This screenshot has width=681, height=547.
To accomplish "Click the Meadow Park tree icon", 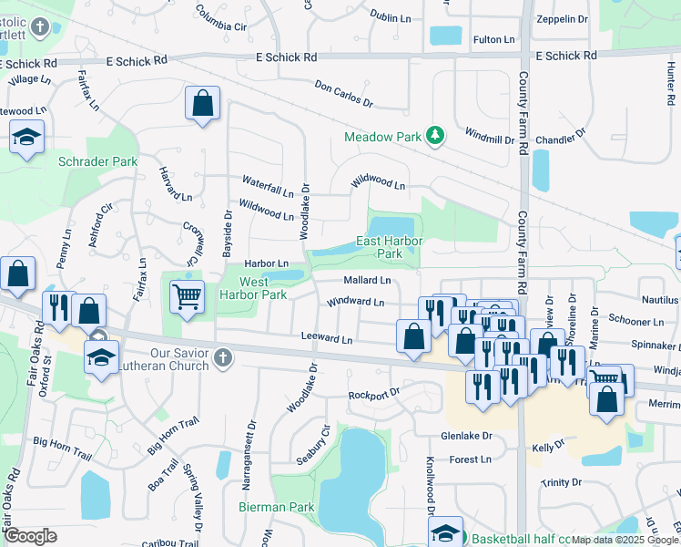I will pyautogui.click(x=436, y=136).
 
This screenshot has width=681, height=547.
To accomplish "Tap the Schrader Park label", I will pyautogui.click(x=97, y=161).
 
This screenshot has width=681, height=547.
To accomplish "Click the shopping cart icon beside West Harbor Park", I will pyautogui.click(x=187, y=294).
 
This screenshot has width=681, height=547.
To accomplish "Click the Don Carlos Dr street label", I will pyautogui.click(x=344, y=94).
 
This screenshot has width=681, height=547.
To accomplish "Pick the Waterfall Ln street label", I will pyautogui.click(x=267, y=186).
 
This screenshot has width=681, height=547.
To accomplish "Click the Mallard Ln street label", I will pyautogui.click(x=366, y=280).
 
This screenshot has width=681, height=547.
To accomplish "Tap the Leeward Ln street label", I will pyautogui.click(x=327, y=339).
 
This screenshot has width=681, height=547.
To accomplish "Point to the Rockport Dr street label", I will pyautogui.click(x=373, y=394).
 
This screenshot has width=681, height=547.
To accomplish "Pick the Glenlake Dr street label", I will pyautogui.click(x=467, y=436).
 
